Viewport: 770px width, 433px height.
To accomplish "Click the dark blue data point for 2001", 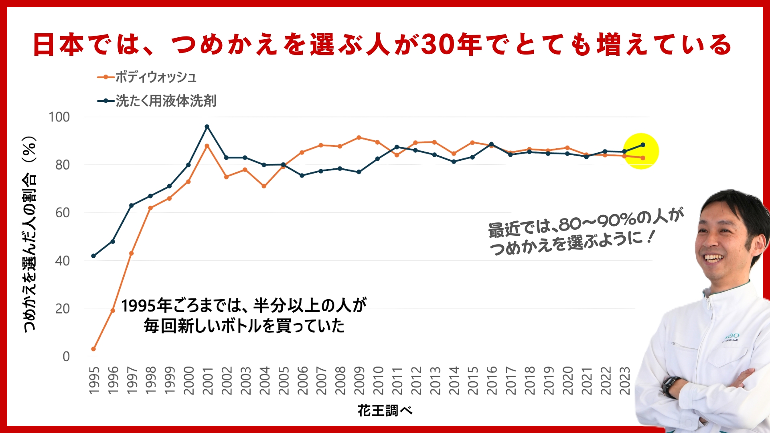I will [207, 127].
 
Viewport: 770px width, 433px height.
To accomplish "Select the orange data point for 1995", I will [93, 349].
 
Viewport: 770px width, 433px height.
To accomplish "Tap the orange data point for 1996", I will [113, 311].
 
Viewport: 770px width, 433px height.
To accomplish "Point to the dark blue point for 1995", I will [93, 256].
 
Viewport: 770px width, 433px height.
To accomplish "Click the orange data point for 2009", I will [359, 138].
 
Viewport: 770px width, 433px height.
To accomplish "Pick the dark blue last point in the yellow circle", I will [643, 145].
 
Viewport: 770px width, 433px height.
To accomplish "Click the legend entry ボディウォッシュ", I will [156, 77].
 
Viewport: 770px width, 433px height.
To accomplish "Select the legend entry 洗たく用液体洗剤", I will [165, 101].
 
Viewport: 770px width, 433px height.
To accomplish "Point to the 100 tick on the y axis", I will [59, 117].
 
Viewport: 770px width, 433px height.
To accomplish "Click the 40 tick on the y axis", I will [62, 261].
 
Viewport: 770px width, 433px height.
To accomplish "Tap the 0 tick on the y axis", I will [66, 356].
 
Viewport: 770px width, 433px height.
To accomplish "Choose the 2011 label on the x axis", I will [397, 380].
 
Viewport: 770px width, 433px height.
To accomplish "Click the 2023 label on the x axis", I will [624, 380].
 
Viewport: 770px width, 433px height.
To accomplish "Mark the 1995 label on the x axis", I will [94, 380].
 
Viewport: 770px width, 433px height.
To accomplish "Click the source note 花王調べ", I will [385, 411].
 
